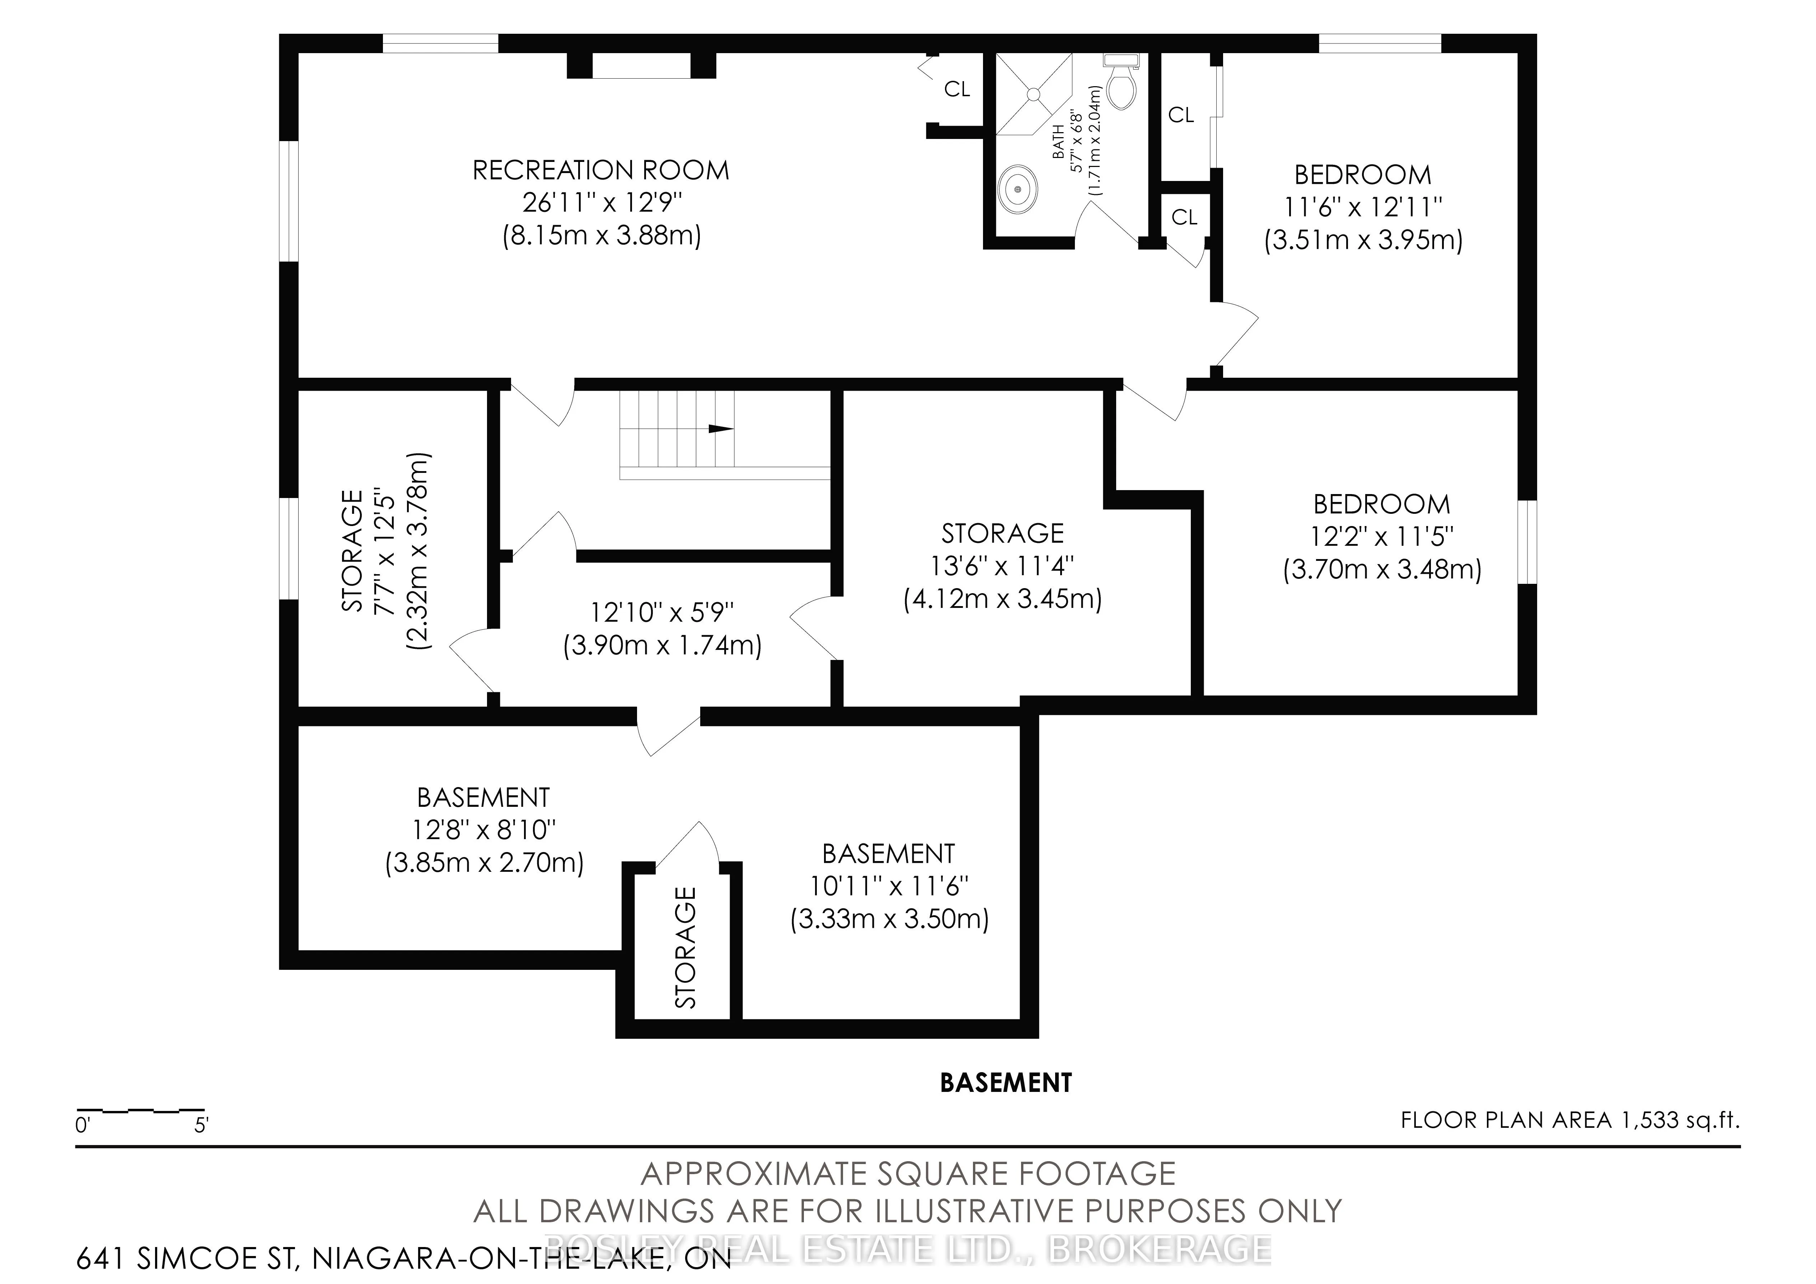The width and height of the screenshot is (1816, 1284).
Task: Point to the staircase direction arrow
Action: pos(721,429)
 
